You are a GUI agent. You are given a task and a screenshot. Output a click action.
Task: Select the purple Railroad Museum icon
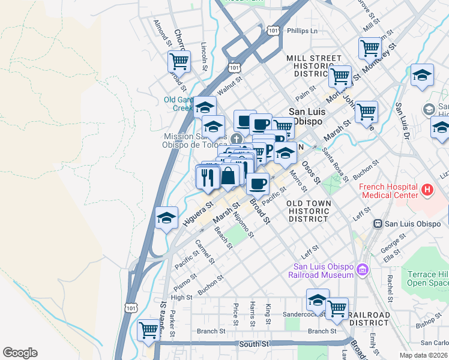coord(363,271)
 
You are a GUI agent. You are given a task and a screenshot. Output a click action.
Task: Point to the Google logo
coord(20,353)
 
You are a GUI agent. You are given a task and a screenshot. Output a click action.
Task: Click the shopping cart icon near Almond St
coord(179,61)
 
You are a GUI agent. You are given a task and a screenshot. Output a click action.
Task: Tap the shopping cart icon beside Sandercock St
coord(337,308)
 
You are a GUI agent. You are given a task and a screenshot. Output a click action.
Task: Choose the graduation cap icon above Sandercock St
coord(318,299)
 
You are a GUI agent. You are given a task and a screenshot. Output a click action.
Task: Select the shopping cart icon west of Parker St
coord(148,329)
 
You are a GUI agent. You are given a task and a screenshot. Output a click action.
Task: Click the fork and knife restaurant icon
coord(206,177)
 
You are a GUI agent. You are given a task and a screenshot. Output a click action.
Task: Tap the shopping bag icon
coord(228,176)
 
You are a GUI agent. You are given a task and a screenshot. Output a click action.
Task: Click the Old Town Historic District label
coord(309,211)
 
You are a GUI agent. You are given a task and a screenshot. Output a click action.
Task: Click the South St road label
coord(253,344)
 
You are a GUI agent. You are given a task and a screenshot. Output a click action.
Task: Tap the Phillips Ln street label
coord(302,31)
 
